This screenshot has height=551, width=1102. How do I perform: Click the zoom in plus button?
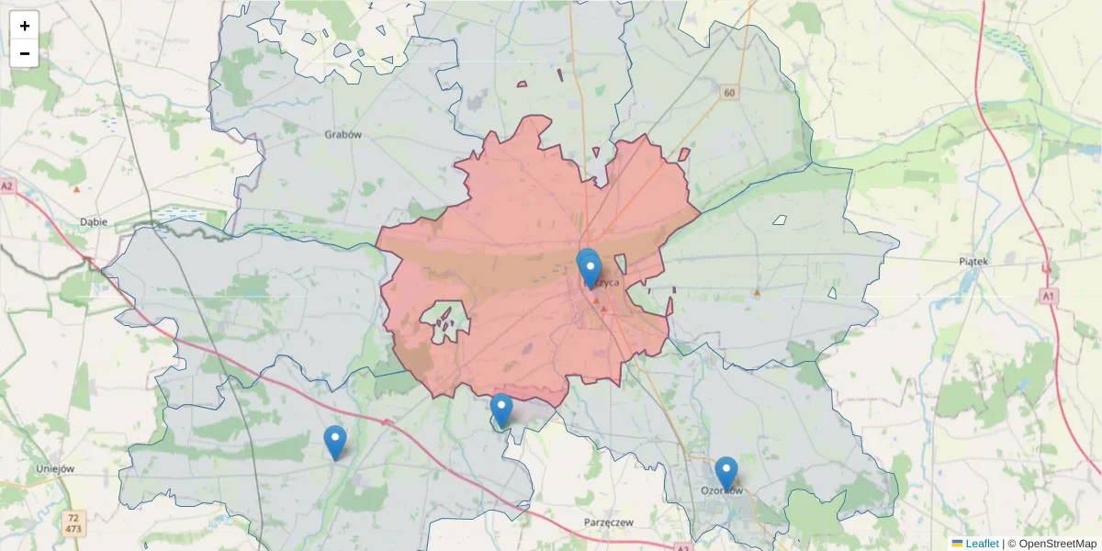(x=25, y=26)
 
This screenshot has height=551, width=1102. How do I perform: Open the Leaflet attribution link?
(x=981, y=544)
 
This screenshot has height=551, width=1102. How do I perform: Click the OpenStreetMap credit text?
(x=1057, y=544)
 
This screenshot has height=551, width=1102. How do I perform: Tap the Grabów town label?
(x=343, y=134)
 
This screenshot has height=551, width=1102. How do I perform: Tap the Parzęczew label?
(x=609, y=522)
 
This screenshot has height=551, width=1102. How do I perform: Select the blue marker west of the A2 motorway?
(x=335, y=443)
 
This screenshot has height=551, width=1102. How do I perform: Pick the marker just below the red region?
(x=500, y=410)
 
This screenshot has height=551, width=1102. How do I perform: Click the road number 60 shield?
(x=729, y=93)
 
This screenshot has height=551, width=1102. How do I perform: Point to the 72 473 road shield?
(x=74, y=523)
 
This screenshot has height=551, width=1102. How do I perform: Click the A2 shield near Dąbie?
(x=7, y=186)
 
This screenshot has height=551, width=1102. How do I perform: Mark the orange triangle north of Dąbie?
(x=76, y=189)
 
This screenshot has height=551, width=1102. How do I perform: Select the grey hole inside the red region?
(x=445, y=322)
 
